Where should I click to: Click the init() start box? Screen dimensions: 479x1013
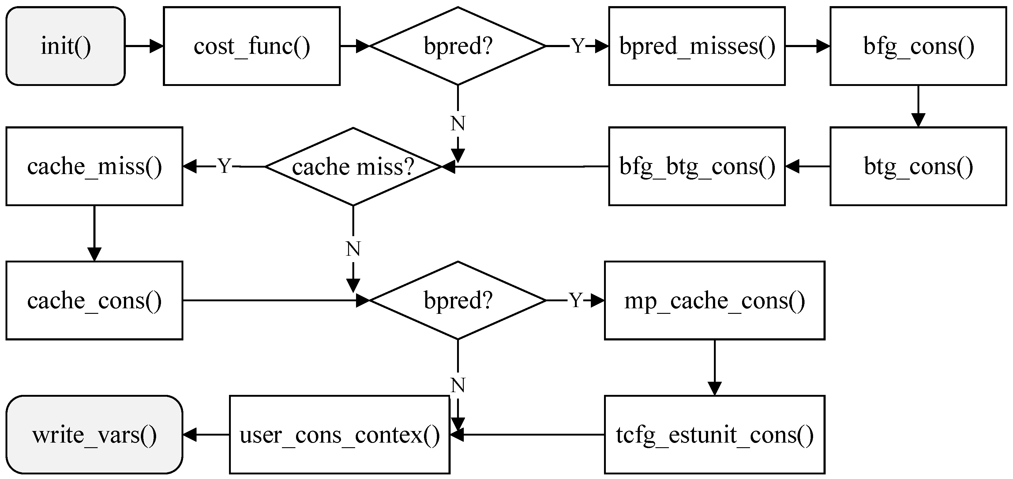click(66, 46)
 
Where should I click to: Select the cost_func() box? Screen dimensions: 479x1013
click(252, 46)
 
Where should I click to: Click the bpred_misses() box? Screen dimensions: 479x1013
click(697, 46)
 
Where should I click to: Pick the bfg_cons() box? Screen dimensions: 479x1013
click(918, 46)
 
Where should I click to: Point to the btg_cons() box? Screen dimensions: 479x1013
click(918, 166)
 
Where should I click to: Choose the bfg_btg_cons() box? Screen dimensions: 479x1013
click(697, 166)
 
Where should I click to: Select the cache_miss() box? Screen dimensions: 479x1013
click(94, 166)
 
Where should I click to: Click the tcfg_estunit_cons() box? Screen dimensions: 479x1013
click(715, 435)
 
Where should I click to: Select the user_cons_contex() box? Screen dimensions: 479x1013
click(340, 435)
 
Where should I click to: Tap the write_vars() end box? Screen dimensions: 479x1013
click(94, 435)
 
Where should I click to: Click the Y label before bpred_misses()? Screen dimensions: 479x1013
click(578, 46)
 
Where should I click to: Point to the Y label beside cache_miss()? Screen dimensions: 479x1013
click(224, 166)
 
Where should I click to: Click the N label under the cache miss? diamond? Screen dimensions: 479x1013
click(353, 249)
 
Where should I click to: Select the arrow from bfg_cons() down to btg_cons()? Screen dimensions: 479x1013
click(918, 106)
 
